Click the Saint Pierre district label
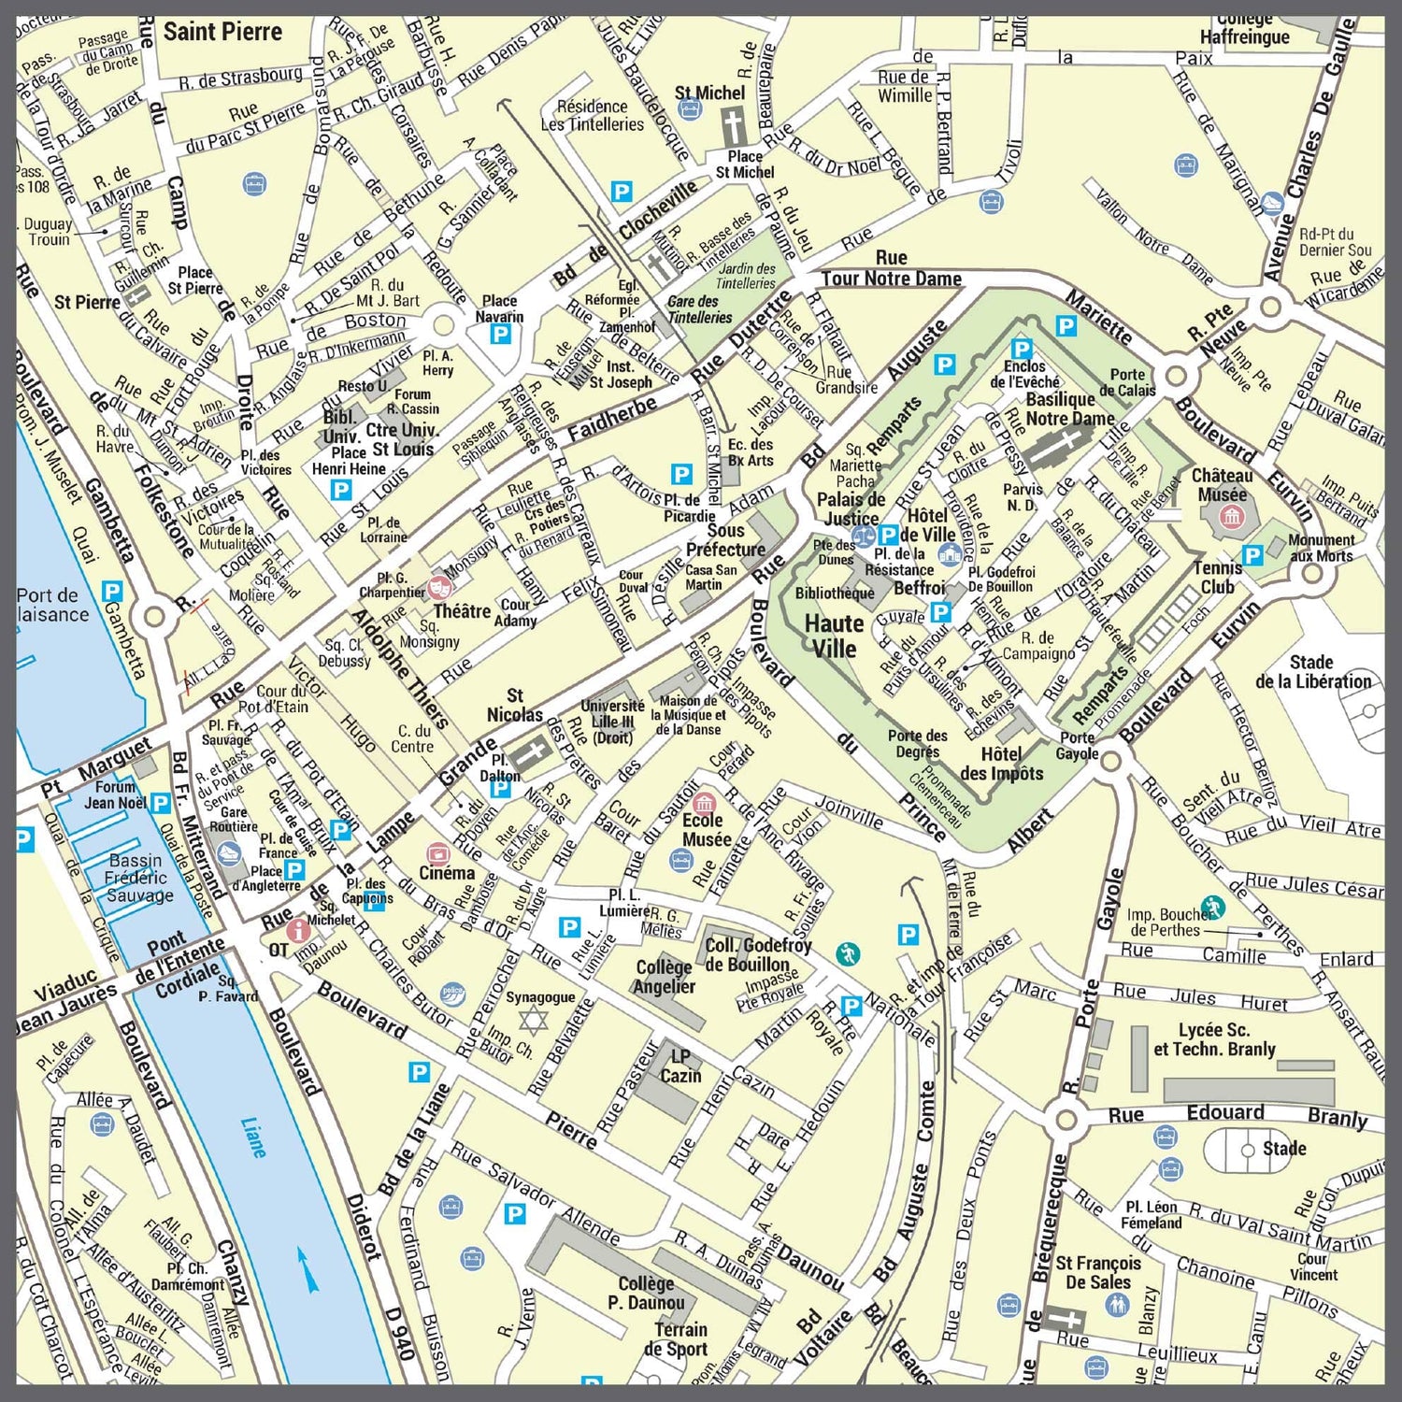222,32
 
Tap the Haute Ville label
834,636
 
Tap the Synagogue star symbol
532,1020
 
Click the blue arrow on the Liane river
308,1268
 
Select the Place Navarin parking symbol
501,334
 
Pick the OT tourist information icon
298,930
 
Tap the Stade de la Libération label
1312,672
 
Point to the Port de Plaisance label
52,605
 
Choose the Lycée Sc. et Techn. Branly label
1214,1038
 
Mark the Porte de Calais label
1127,382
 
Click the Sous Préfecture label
724,540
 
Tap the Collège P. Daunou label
646,1293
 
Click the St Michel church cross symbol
732,126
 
